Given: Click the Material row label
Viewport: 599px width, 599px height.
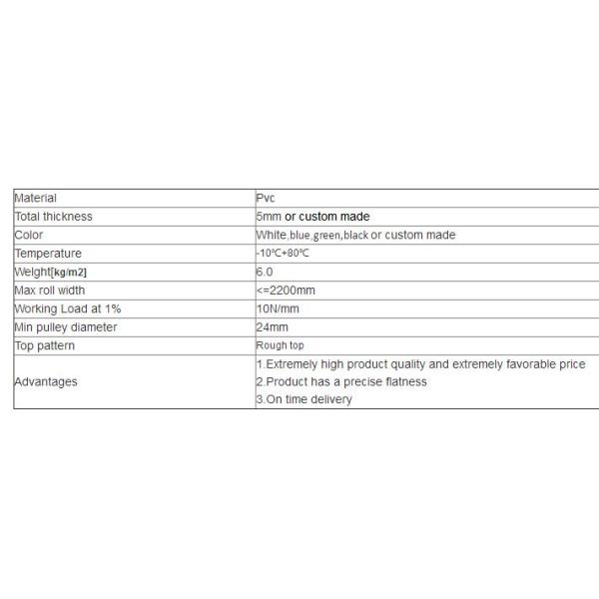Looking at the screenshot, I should [36, 198].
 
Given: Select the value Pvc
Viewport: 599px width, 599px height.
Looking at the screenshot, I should [267, 198].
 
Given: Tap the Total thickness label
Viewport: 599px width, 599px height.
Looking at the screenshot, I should [53, 217].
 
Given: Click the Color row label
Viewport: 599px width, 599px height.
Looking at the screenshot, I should [29, 235].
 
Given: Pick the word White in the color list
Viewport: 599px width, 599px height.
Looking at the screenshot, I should [272, 235].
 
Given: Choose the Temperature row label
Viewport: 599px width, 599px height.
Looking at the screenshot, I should [48, 254].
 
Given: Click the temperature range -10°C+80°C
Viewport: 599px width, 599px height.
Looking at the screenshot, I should [283, 254].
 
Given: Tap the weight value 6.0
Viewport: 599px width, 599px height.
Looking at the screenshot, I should [265, 272].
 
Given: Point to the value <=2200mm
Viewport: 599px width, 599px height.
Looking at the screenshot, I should [286, 290].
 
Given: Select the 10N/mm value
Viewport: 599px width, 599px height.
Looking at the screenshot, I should [278, 308].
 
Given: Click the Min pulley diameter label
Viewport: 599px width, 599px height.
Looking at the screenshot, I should [66, 326].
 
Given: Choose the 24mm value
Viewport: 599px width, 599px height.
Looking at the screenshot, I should [272, 326].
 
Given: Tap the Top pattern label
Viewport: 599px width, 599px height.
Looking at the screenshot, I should [45, 345].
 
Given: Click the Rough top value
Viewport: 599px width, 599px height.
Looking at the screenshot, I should [280, 345].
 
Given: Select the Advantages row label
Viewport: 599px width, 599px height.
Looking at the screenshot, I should [46, 381].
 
